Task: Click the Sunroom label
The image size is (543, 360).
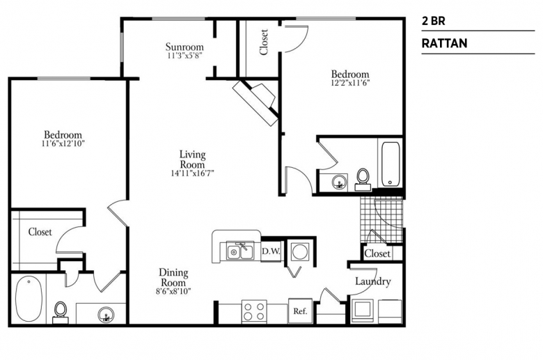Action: tap(184, 47)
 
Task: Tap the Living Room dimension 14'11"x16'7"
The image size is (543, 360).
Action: tap(192, 173)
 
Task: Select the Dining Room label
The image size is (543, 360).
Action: tap(173, 278)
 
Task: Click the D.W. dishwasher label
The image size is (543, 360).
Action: tap(271, 251)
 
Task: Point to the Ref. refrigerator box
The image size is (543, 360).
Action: tap(300, 311)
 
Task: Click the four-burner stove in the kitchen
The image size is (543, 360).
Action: tap(254, 311)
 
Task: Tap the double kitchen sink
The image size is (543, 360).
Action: tap(240, 251)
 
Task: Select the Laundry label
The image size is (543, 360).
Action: tap(373, 281)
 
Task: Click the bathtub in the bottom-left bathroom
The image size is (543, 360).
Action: tap(29, 298)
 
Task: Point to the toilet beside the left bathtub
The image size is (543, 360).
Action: tap(61, 312)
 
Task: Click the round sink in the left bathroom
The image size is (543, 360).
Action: tap(106, 315)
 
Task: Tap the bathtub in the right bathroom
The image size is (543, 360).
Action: tap(391, 164)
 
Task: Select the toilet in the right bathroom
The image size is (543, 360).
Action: tap(363, 180)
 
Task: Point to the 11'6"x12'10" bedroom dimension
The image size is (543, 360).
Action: tap(63, 143)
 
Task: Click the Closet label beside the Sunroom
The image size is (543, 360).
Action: tap(264, 42)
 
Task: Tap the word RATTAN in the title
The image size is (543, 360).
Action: tap(444, 43)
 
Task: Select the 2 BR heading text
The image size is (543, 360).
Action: tap(433, 21)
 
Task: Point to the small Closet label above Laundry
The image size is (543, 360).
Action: tap(377, 253)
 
